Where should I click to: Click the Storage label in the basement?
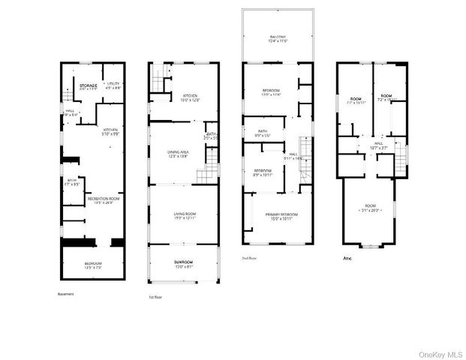(88, 86)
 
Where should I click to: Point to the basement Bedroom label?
(92, 263)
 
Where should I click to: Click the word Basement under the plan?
(65, 293)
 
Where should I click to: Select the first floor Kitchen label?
(189, 95)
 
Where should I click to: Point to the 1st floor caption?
(155, 296)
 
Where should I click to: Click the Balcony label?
(278, 37)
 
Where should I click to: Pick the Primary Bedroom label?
(282, 215)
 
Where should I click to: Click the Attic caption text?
(347, 257)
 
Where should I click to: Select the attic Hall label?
(378, 142)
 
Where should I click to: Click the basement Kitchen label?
(111, 129)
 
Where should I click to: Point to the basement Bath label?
(72, 181)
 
